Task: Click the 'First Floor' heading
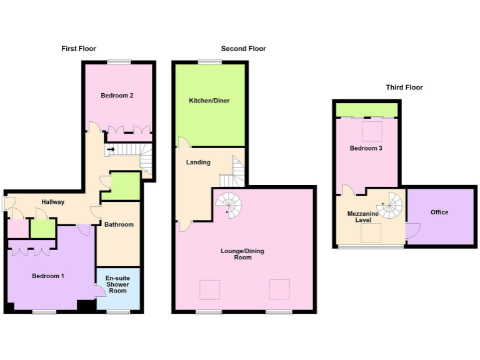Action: (78, 49)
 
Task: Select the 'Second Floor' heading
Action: (244, 49)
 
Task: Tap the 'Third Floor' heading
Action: (404, 87)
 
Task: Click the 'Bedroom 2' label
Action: (118, 96)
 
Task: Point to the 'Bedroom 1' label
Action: (49, 276)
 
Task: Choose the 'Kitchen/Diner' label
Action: (209, 101)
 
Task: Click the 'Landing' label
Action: (199, 162)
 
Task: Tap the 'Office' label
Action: (439, 212)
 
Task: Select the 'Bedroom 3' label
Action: (366, 149)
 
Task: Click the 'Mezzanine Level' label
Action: (363, 217)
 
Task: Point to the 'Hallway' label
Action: (53, 202)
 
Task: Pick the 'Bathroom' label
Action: (119, 224)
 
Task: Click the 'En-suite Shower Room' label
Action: (117, 284)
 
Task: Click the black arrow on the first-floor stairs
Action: (111, 149)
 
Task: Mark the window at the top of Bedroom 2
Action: (118, 61)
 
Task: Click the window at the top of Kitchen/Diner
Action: (210, 61)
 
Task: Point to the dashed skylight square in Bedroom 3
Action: (373, 131)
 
